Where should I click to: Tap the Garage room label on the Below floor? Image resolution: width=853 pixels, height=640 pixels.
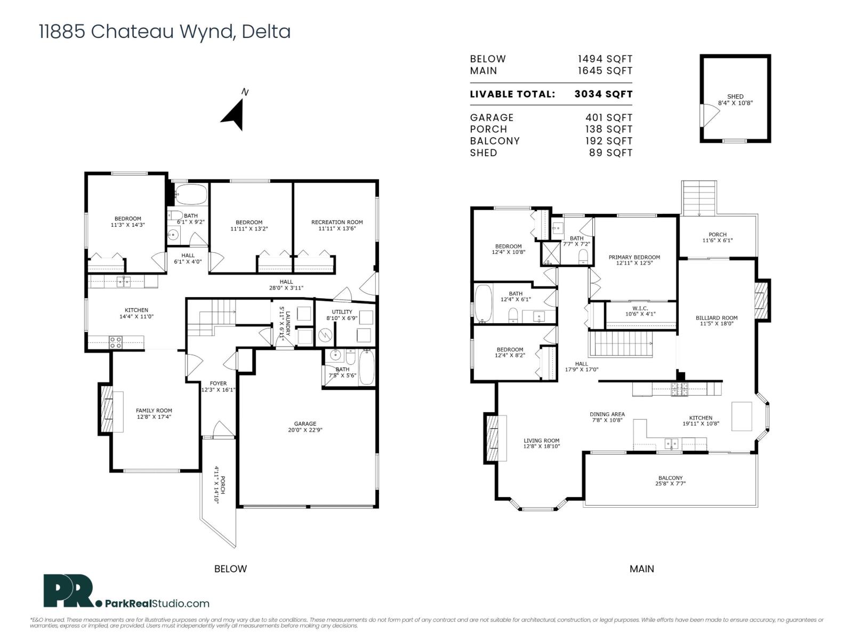[305, 427]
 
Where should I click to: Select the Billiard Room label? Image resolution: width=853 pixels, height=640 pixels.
[716, 321]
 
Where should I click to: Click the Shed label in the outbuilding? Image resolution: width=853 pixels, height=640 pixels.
[735, 100]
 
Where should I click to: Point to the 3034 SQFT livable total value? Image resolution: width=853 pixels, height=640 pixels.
[603, 94]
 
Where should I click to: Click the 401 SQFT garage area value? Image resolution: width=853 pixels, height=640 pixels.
[609, 117]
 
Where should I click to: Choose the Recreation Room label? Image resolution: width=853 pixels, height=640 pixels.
[337, 226]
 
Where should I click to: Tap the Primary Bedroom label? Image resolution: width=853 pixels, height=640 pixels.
[634, 260]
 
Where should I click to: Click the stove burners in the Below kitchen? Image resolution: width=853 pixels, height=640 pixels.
[116, 342]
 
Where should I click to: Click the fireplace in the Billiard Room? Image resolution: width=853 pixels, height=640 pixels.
[761, 300]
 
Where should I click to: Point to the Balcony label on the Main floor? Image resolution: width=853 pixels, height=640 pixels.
[670, 481]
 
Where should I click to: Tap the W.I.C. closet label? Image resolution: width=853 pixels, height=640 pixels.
[640, 311]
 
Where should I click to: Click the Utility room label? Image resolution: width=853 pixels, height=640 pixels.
[342, 315]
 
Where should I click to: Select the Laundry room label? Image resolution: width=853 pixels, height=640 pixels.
[285, 324]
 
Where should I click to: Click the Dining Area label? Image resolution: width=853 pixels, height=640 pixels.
[607, 417]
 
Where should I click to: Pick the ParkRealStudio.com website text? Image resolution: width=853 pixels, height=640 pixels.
[157, 604]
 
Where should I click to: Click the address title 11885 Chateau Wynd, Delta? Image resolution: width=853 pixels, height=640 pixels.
[165, 31]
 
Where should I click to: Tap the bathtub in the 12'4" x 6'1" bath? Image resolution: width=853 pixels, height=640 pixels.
[484, 303]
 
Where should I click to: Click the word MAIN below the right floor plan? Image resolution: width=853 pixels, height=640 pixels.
[641, 569]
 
